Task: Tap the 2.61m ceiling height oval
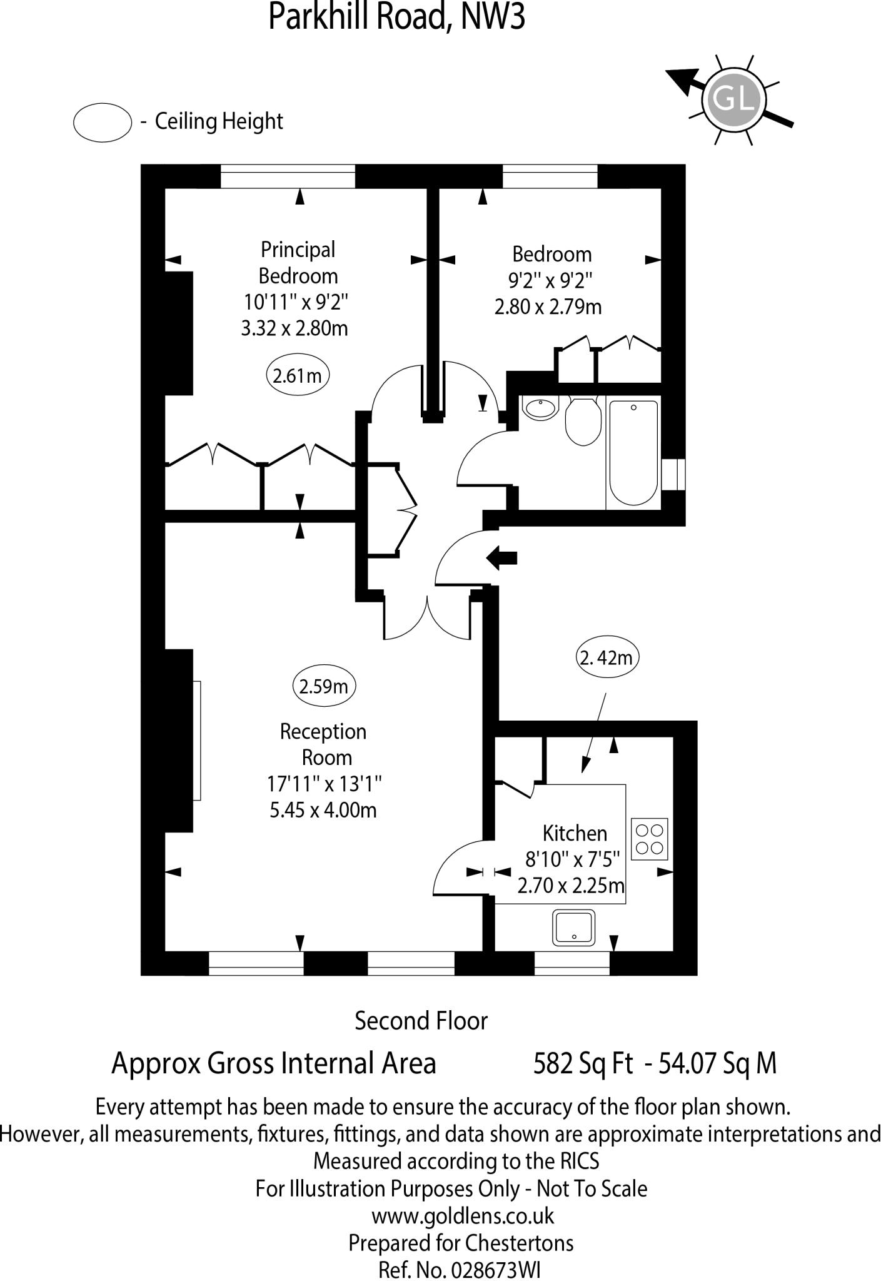pyautogui.click(x=298, y=376)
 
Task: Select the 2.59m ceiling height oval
pyautogui.click(x=324, y=687)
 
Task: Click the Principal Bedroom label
pyautogui.click(x=298, y=263)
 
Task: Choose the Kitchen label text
pyautogui.click(x=575, y=833)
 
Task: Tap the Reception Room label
pyautogui.click(x=323, y=744)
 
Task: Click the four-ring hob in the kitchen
pyautogui.click(x=650, y=839)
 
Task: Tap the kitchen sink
pyautogui.click(x=573, y=928)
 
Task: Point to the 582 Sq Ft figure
pyautogui.click(x=583, y=1063)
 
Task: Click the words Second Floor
pyautogui.click(x=421, y=1021)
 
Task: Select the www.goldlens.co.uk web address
pyautogui.click(x=463, y=1215)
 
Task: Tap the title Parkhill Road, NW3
pyautogui.click(x=396, y=17)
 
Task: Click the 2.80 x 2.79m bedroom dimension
pyautogui.click(x=548, y=307)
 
